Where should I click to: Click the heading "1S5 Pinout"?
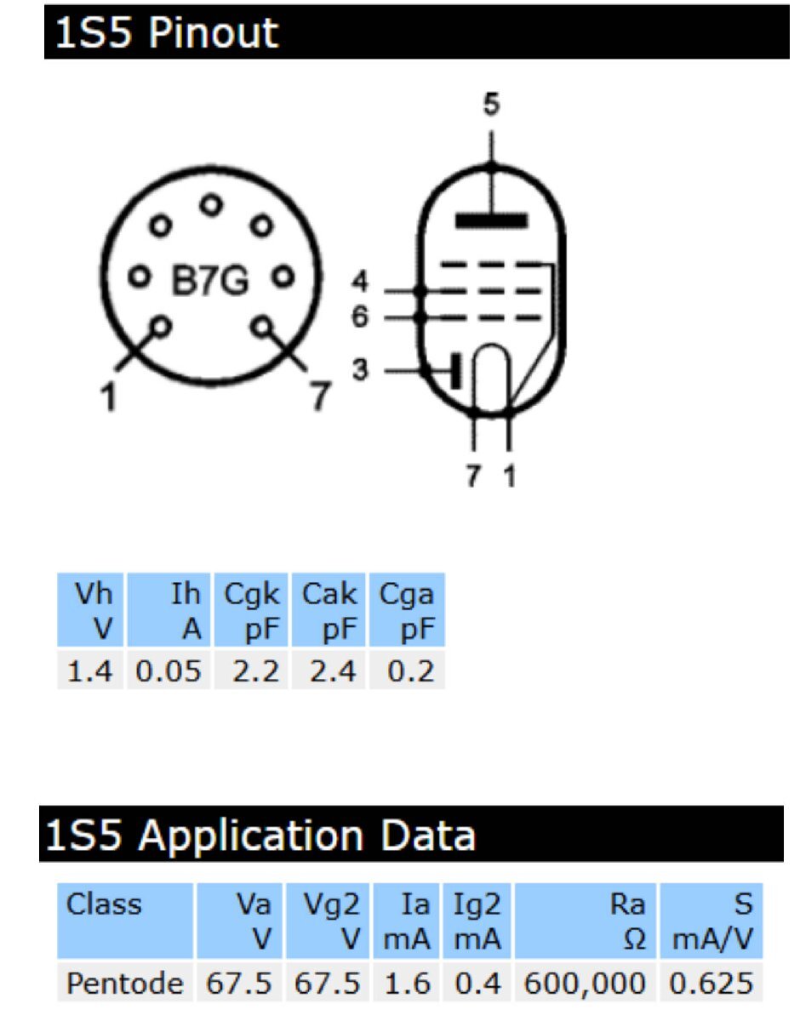[167, 32]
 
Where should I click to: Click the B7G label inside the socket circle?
[211, 281]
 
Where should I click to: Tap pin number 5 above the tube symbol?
[491, 106]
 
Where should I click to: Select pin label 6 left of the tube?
[361, 317]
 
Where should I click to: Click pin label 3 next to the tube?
[361, 372]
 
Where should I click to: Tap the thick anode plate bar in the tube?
[491, 221]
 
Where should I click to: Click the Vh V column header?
[90, 610]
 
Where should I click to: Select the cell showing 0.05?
[169, 671]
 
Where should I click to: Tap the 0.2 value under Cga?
[409, 671]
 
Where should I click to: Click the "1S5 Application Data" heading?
[260, 836]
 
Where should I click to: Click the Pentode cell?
[125, 984]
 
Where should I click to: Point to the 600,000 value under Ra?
[586, 984]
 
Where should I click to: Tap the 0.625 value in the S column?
[711, 984]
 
